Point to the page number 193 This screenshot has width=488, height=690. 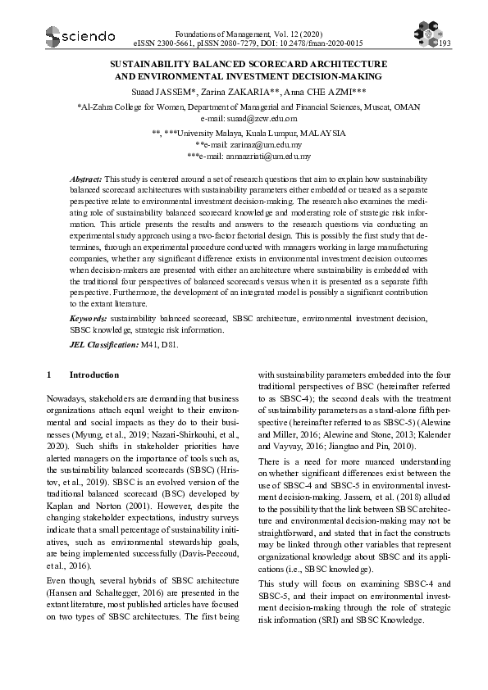(445, 43)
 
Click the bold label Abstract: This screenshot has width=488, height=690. (86, 178)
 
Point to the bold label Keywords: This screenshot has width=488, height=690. (89, 317)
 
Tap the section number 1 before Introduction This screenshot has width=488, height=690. (49, 375)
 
